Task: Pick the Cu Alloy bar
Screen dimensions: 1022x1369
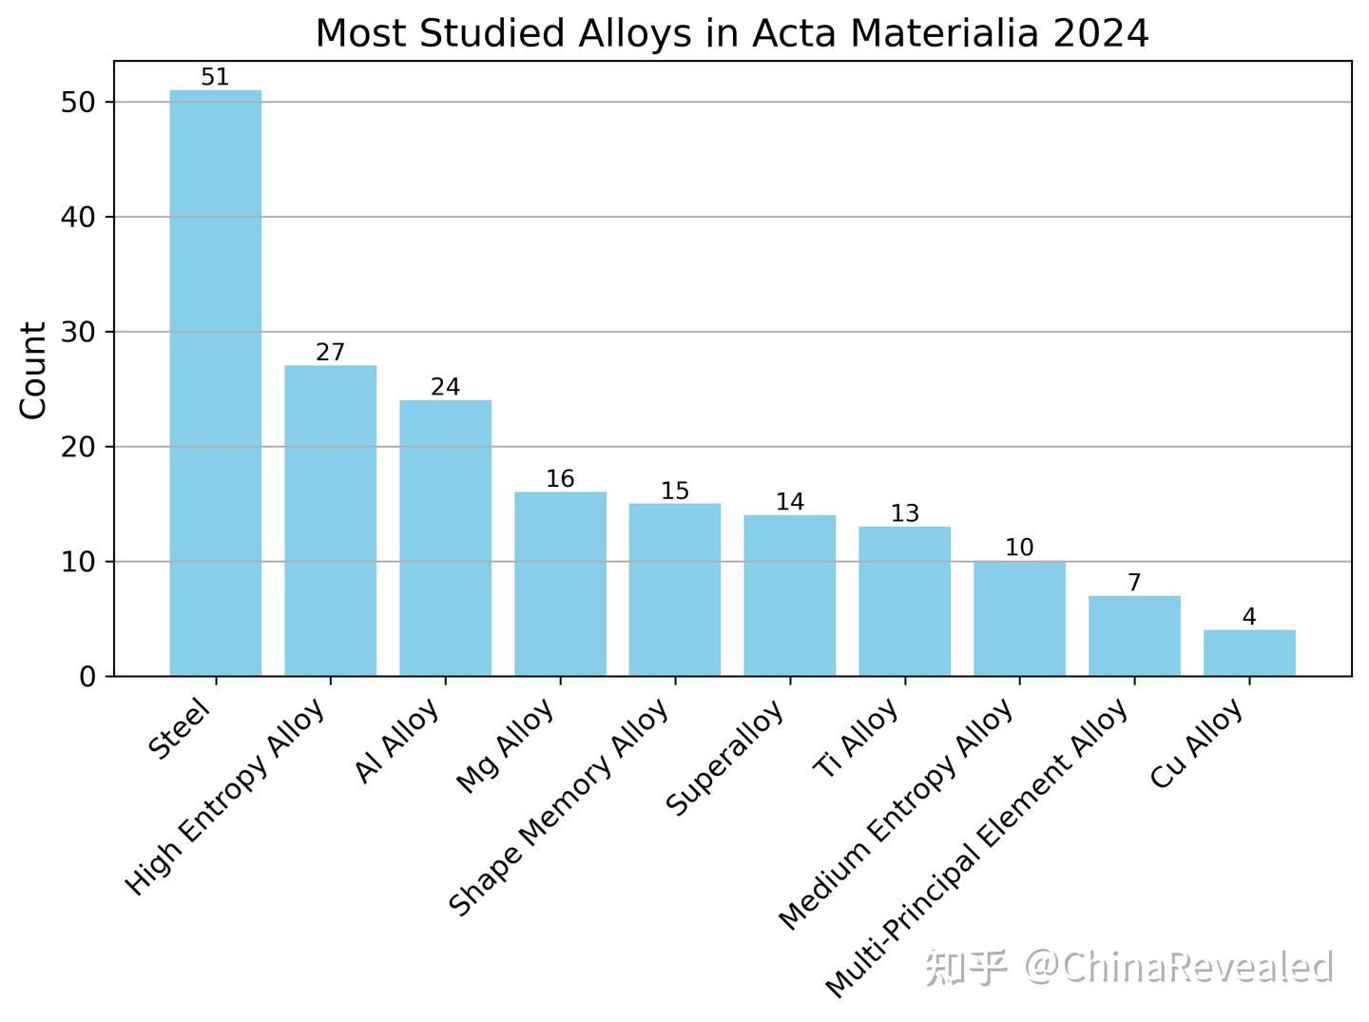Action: coord(1249,653)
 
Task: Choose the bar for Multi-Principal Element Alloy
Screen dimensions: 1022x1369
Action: coord(1134,636)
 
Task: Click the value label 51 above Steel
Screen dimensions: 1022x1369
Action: coord(216,77)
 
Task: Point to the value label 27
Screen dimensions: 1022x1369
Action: coord(331,353)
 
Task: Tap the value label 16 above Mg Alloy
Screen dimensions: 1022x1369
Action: coord(560,479)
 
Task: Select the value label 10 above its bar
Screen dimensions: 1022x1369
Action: coord(1019,548)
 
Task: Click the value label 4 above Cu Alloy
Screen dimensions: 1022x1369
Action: coord(1249,617)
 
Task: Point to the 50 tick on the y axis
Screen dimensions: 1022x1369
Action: coord(79,103)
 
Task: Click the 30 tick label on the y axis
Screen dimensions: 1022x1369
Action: coord(79,333)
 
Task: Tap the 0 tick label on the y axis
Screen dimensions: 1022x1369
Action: coord(88,677)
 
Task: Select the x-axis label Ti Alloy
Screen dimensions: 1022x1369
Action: coord(858,740)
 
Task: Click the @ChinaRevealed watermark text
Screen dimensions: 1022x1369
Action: coord(1179,967)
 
